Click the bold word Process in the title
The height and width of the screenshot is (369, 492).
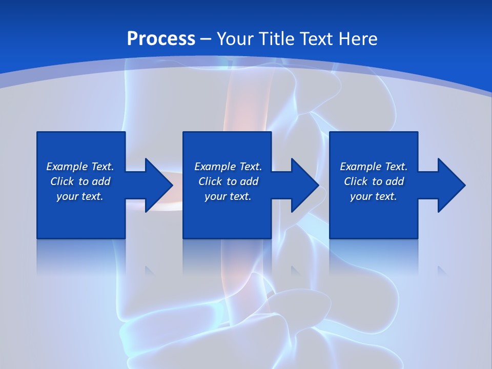coord(161,39)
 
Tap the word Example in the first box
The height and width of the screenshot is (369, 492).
coord(67,167)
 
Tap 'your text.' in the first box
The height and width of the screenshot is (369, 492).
coord(80,196)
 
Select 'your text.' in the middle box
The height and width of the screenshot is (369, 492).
coord(228,196)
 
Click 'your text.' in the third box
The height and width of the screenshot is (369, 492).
coord(374,196)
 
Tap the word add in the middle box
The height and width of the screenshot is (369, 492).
coord(249,181)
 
